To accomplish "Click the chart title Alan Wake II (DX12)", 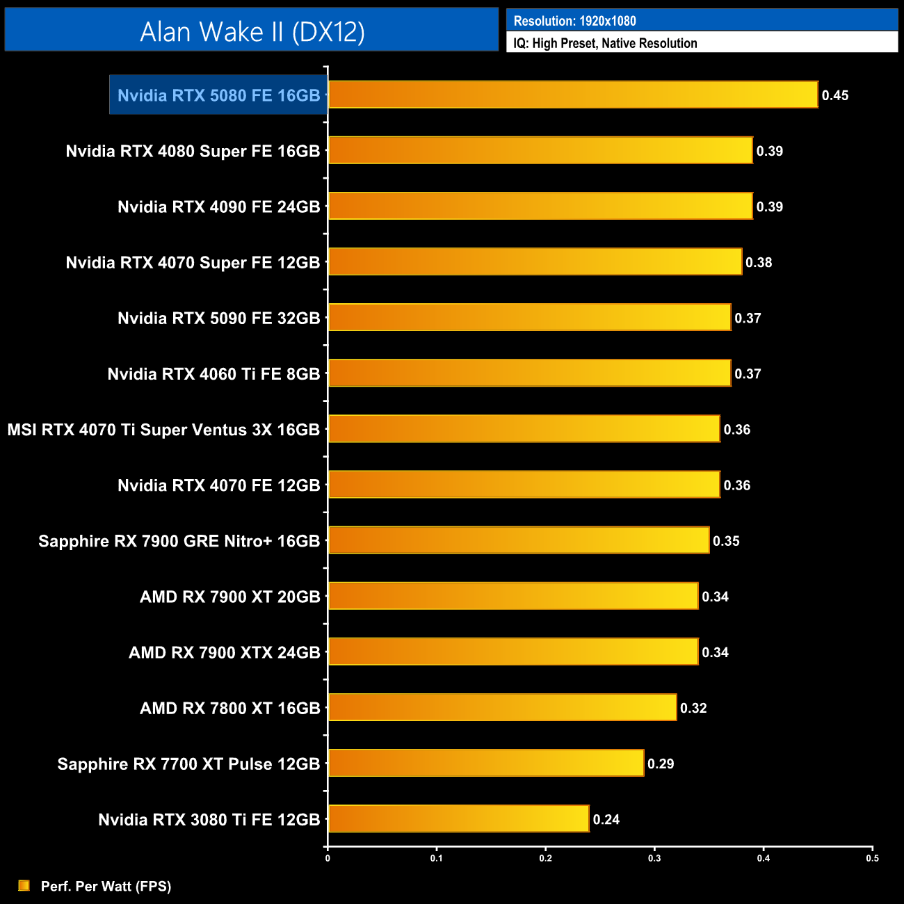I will (252, 31).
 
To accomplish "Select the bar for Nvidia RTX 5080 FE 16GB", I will (572, 95).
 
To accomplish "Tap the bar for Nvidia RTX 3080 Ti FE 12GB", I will (458, 818).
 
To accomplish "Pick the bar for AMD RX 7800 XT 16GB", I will (502, 707).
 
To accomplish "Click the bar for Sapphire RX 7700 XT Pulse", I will (485, 763).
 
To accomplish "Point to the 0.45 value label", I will (834, 95).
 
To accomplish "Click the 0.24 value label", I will (606, 819).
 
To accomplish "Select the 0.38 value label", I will (759, 262).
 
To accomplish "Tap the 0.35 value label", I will (726, 541).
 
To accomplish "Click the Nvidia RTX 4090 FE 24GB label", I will (218, 207).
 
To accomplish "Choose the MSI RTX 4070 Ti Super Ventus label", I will (163, 430).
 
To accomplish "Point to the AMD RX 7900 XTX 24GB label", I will (224, 652).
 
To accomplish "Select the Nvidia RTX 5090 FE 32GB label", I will (218, 318).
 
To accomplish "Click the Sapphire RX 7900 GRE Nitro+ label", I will (179, 541).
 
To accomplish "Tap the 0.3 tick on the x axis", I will (654, 858).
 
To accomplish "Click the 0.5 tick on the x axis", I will (872, 858).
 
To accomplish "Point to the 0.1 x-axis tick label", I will (436, 858).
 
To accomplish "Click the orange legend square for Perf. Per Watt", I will (24, 885).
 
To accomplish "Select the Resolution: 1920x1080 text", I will (574, 21).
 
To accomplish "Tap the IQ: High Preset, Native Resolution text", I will (605, 43).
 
